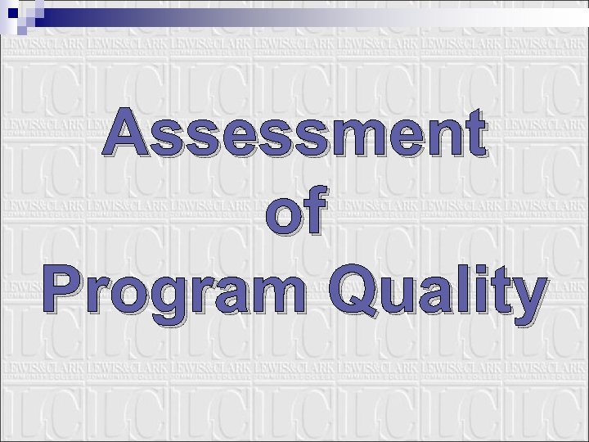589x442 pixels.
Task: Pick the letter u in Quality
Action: tap(391, 296)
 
